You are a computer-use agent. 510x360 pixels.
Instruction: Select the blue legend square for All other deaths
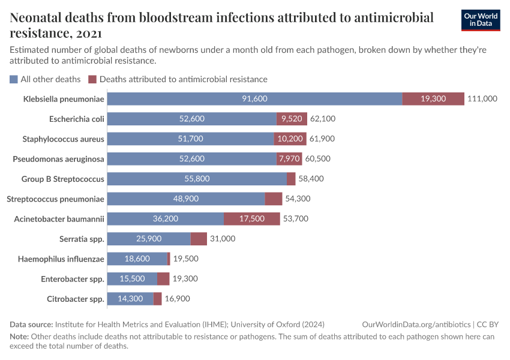14,79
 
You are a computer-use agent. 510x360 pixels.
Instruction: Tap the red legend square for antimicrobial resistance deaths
92,79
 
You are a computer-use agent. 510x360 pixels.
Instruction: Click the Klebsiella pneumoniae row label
64,99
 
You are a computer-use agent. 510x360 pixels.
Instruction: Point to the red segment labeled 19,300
433,99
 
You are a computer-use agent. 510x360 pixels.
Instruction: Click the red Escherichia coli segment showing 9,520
292,119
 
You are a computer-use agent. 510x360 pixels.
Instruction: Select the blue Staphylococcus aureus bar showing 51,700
191,139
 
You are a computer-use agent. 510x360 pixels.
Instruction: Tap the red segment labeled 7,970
289,159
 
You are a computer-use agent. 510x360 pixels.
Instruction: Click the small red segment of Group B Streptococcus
291,179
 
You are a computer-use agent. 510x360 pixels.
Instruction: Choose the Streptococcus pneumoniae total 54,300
298,199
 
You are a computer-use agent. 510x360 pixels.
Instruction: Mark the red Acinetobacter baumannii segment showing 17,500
252,218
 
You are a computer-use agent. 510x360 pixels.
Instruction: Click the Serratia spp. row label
82,239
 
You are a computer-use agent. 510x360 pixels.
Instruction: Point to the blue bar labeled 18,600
137,259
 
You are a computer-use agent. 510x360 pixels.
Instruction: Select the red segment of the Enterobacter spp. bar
163,279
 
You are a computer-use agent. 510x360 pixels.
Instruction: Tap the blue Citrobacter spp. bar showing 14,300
130,299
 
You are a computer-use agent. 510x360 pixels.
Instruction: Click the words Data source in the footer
31,324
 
